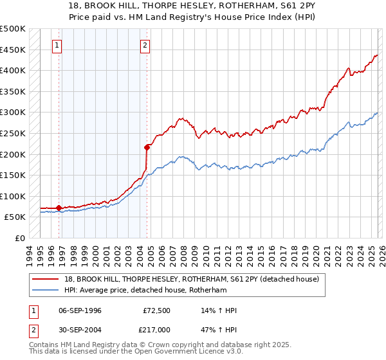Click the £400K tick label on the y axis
click(13, 70)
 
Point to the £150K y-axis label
click(13, 175)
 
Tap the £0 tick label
click(20, 238)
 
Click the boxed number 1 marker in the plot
click(58, 46)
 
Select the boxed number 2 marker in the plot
click(145, 46)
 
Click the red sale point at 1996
click(59, 208)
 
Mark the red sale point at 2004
click(147, 147)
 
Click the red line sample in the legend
click(46, 278)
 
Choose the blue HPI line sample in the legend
click(46, 290)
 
